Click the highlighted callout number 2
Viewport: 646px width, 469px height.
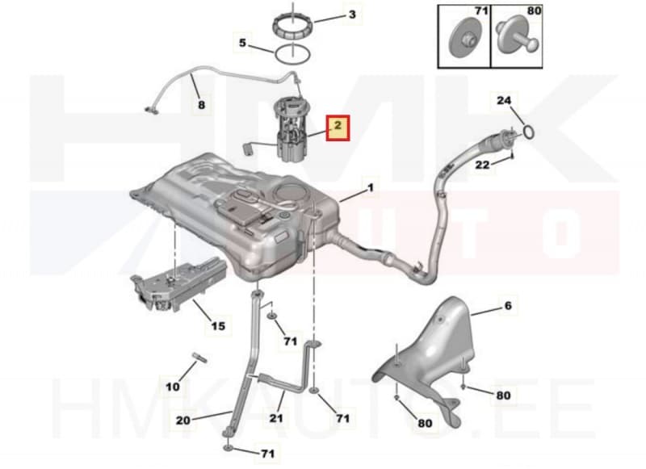click(x=338, y=125)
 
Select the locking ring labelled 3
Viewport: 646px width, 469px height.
click(x=292, y=27)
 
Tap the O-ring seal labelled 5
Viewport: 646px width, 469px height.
click(x=292, y=54)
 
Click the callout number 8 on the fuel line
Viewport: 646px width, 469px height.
click(x=201, y=105)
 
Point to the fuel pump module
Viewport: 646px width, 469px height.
click(x=292, y=131)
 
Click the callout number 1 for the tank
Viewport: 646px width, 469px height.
click(x=371, y=188)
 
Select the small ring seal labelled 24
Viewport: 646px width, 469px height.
click(x=530, y=132)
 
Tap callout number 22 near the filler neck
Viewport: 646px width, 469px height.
click(x=482, y=165)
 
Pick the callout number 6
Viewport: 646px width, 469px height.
click(x=508, y=305)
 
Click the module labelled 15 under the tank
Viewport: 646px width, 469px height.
click(x=179, y=285)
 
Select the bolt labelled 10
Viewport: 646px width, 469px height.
click(x=199, y=358)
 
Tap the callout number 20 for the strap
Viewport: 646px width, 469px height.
click(x=183, y=421)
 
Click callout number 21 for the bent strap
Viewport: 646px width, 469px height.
click(x=276, y=418)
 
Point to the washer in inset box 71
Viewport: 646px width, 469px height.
click(x=464, y=40)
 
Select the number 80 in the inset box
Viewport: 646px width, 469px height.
click(x=534, y=10)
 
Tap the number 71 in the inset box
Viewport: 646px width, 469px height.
click(x=481, y=10)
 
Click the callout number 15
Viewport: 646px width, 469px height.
click(x=218, y=326)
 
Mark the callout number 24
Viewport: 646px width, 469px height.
click(x=503, y=100)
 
